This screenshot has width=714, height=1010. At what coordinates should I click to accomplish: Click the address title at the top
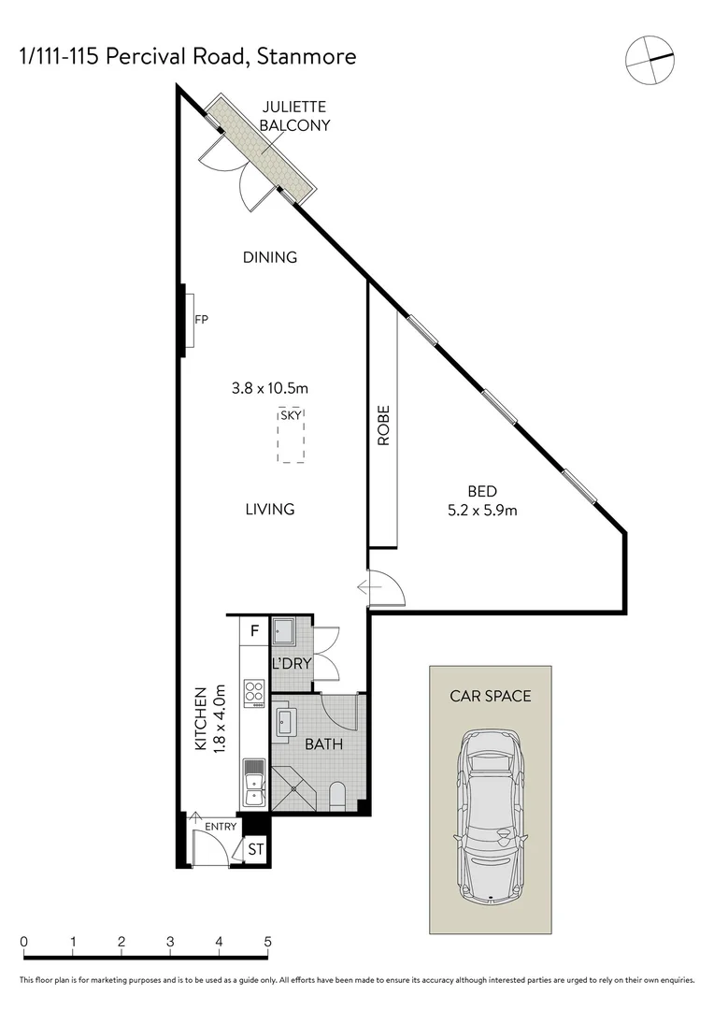(x=188, y=57)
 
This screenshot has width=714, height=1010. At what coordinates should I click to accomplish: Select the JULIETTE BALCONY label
(x=295, y=116)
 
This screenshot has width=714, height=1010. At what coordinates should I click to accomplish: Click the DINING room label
(x=269, y=257)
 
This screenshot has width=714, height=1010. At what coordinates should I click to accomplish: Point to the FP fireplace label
(x=201, y=320)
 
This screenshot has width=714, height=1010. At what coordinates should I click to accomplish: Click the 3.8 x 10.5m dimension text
(x=270, y=387)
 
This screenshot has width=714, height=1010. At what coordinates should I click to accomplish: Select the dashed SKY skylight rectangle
(x=291, y=436)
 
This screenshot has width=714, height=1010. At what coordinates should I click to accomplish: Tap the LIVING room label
(x=269, y=510)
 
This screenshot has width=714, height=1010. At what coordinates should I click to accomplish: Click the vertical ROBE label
(x=383, y=426)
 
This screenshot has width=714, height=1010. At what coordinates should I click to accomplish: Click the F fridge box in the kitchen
(x=253, y=631)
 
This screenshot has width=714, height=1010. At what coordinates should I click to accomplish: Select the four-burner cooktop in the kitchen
(x=253, y=692)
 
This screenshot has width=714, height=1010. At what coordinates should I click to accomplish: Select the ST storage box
(x=255, y=848)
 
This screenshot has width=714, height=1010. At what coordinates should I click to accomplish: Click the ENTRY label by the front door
(x=221, y=826)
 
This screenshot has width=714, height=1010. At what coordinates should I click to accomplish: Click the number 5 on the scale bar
(x=267, y=942)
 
